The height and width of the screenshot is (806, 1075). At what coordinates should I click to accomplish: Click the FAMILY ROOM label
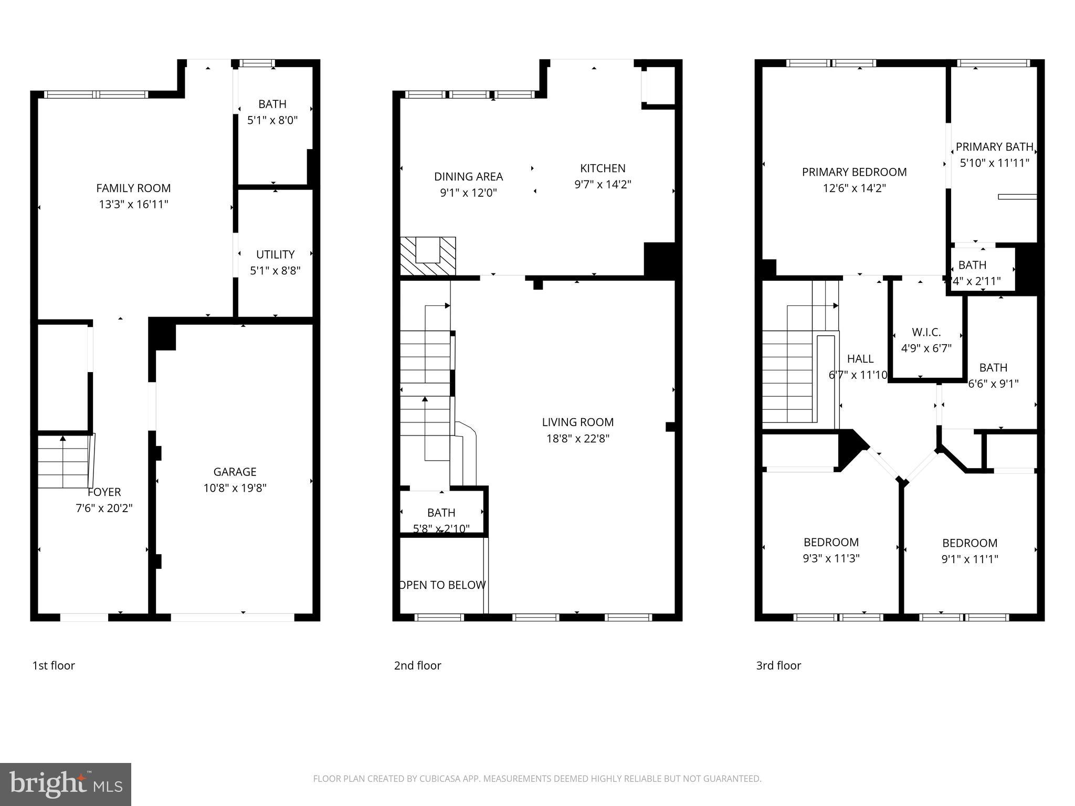(x=133, y=188)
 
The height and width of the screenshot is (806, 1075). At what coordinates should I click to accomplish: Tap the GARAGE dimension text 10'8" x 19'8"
(x=235, y=488)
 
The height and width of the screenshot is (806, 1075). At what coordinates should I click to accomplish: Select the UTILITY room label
(x=275, y=254)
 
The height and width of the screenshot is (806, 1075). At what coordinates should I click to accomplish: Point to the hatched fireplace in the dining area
(x=428, y=256)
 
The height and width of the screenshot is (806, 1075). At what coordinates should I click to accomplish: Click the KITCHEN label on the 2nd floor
(x=603, y=168)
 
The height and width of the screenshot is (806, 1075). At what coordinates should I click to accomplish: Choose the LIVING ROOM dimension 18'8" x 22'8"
(x=577, y=439)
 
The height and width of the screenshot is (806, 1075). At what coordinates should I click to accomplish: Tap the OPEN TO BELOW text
(x=442, y=585)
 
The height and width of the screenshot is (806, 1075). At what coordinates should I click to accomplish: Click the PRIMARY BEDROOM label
(x=854, y=172)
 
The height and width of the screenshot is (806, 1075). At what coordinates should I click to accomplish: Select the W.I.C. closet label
(x=926, y=332)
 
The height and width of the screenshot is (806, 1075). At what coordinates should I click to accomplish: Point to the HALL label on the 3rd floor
(x=860, y=359)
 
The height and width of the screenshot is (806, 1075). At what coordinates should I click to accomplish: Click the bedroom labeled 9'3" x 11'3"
(x=831, y=558)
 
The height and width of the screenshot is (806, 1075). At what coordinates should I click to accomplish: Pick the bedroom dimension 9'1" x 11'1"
(x=969, y=559)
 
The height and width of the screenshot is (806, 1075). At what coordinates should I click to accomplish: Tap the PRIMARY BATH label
(x=994, y=147)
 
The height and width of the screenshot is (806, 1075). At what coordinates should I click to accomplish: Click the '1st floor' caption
(x=54, y=665)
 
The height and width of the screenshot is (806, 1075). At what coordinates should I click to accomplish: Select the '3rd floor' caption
(x=778, y=665)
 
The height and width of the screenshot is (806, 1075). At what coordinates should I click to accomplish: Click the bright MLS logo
(x=66, y=784)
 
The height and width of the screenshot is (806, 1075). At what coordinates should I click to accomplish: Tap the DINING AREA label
(x=468, y=177)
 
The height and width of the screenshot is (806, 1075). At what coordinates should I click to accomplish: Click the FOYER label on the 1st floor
(x=104, y=492)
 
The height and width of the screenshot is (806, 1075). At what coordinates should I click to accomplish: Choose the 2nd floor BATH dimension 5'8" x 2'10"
(x=441, y=529)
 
